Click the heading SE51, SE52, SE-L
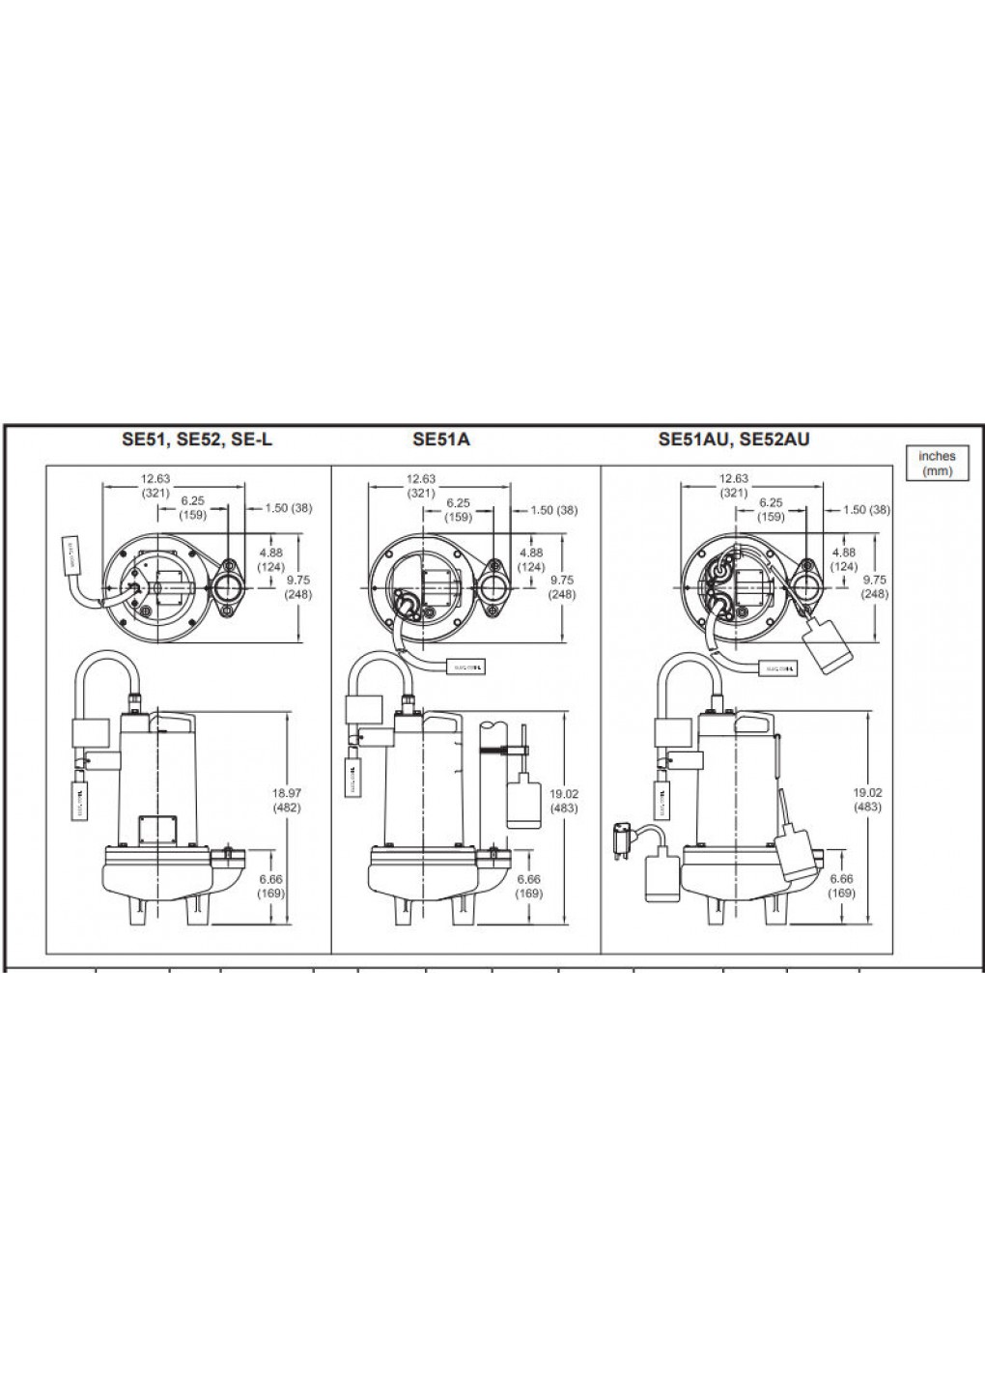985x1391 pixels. (x=191, y=440)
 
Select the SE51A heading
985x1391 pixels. (x=441, y=440)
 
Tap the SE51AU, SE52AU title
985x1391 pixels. (x=733, y=440)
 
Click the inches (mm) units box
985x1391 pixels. (x=936, y=463)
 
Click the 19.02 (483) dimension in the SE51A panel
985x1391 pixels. (x=563, y=800)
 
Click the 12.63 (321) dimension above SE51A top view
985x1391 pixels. (x=421, y=485)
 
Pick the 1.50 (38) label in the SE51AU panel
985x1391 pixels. (x=865, y=510)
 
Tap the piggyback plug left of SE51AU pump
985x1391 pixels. (x=622, y=838)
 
